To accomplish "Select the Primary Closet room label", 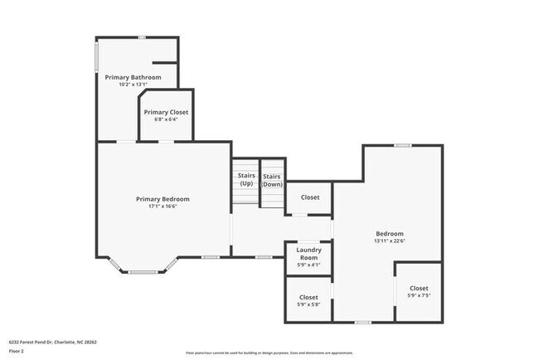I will tap(166, 112).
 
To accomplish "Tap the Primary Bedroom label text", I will tap(163, 199).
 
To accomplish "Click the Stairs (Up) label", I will tap(246, 179).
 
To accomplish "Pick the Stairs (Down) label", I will tap(272, 180).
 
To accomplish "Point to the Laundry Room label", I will tap(308, 253).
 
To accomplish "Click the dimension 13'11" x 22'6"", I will tap(389, 241).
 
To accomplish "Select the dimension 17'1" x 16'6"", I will tap(163, 207).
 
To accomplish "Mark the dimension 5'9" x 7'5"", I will tap(419, 295).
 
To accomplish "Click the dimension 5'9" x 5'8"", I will tap(308, 304).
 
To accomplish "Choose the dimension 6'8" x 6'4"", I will tap(166, 119).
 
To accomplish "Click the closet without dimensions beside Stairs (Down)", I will tap(309, 197).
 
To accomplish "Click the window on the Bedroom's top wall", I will tap(402, 146).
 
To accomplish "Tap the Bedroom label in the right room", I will tap(389, 234).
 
